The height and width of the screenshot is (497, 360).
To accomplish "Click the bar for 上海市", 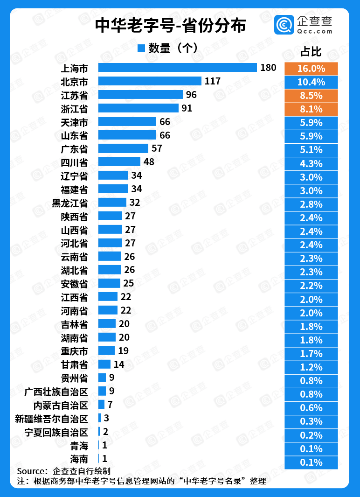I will click(x=178, y=68).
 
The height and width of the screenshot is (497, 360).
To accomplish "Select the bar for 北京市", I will click(x=150, y=81).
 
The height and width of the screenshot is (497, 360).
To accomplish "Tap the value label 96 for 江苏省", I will click(x=191, y=95).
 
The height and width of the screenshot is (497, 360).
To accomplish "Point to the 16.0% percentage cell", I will click(x=311, y=69).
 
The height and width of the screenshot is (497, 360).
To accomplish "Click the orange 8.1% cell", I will click(x=311, y=109).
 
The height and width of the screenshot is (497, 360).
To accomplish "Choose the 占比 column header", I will click(x=311, y=52).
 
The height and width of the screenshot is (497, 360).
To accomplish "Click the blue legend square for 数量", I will click(x=142, y=48).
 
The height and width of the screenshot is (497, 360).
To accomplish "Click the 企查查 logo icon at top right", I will click(x=284, y=25).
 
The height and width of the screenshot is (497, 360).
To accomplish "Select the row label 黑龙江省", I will click(x=69, y=203).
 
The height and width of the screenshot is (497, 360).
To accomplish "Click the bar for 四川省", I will click(x=119, y=162).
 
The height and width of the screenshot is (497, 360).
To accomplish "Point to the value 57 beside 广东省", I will click(x=157, y=149).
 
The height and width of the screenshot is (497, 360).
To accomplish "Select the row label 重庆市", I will click(x=74, y=351).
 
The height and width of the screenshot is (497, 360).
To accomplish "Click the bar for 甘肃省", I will click(x=104, y=364).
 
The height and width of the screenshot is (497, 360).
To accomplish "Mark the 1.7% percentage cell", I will click(x=311, y=354).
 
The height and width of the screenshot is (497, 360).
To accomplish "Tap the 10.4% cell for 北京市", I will click(x=311, y=82).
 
